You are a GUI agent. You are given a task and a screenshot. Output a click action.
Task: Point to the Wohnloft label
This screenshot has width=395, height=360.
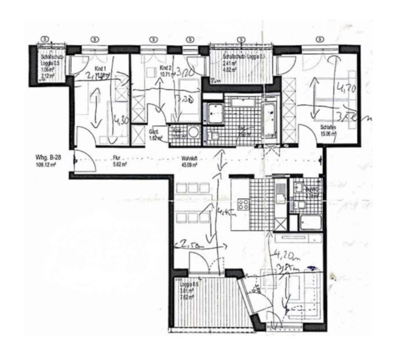[189, 158]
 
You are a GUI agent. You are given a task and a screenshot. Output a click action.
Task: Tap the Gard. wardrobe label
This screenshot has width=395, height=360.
[154, 132]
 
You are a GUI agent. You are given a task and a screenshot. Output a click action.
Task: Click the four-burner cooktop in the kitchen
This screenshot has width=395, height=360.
[243, 204]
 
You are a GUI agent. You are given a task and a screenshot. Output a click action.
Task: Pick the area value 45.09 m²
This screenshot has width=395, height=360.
[189, 164]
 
